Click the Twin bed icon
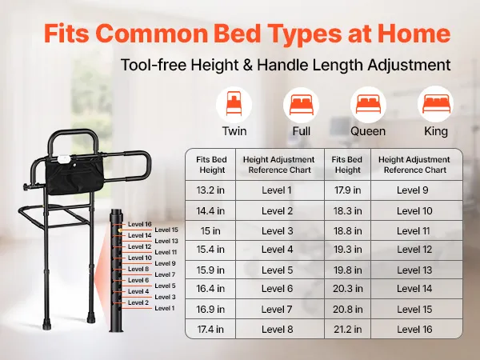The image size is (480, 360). pyautogui.click(x=234, y=105)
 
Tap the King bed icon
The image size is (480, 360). pyautogui.click(x=436, y=104)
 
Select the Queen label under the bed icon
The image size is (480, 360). pyautogui.click(x=368, y=131)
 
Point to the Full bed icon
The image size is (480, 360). pyautogui.click(x=302, y=105)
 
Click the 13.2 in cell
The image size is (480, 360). pyautogui.click(x=210, y=190)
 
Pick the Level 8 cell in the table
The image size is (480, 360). pyautogui.click(x=278, y=329)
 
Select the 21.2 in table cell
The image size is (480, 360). pyautogui.click(x=348, y=329)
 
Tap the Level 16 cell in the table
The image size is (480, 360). pyautogui.click(x=414, y=329)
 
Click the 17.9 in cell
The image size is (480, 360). pyautogui.click(x=348, y=190)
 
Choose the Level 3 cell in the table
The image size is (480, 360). pyautogui.click(x=278, y=231)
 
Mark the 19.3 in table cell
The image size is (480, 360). pyautogui.click(x=348, y=250)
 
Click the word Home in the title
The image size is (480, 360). pyautogui.click(x=414, y=33)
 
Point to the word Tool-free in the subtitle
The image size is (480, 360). pyautogui.click(x=154, y=65)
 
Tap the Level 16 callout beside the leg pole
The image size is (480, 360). pyautogui.click(x=140, y=224)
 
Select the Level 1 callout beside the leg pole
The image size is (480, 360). pyautogui.click(x=164, y=308)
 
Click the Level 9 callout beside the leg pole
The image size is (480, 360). pyautogui.click(x=165, y=263)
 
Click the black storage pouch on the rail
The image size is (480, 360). pyautogui.click(x=74, y=176)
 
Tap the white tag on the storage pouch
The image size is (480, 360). pyautogui.click(x=64, y=159)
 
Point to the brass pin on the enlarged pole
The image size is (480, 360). pyautogui.click(x=120, y=230)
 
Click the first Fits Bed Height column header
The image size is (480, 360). pyautogui.click(x=211, y=165)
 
